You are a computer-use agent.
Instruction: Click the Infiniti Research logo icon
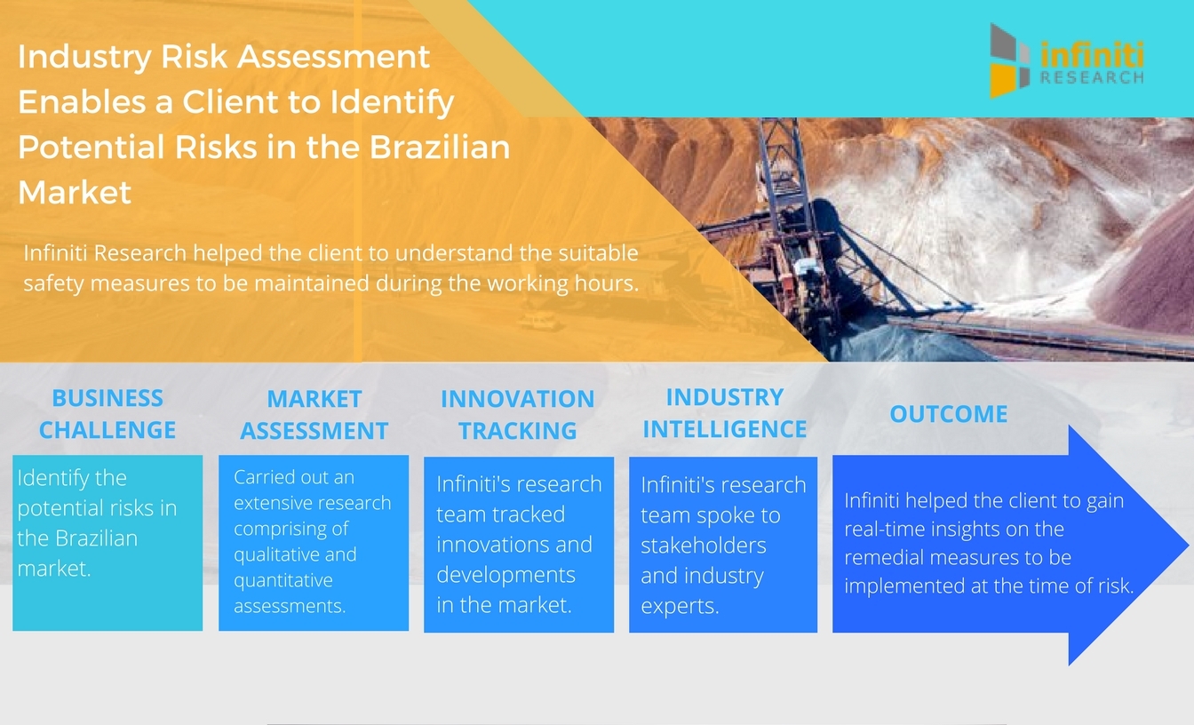[1010, 60]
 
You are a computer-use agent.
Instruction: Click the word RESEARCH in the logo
[1092, 78]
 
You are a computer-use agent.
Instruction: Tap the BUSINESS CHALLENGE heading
[107, 414]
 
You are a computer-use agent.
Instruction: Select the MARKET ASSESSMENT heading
[314, 415]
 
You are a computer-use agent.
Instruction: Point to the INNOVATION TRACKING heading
[518, 415]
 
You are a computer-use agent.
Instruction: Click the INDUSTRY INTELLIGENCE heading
[725, 413]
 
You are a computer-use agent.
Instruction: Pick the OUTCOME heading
[949, 414]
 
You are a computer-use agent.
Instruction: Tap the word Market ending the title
[75, 192]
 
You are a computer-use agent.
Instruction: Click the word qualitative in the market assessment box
[276, 554]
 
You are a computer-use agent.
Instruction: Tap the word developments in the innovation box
[505, 575]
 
